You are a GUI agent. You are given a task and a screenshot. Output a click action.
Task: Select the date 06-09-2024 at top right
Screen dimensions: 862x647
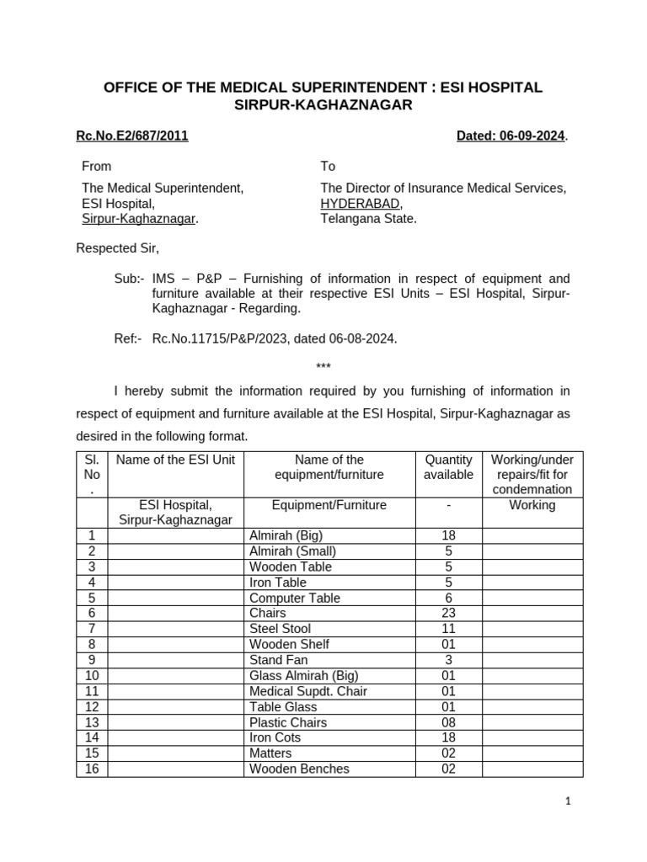point(511,136)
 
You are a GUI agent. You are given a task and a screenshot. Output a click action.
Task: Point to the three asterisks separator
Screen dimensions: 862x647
point(323,366)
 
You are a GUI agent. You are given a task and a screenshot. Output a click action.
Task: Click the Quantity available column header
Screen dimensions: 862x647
point(448,467)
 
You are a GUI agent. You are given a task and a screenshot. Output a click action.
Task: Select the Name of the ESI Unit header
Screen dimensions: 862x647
point(176,460)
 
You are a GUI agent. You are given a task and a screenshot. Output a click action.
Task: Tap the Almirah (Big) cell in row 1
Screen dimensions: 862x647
point(286,535)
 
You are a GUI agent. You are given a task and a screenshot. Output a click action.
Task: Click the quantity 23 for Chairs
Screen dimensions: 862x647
point(448,613)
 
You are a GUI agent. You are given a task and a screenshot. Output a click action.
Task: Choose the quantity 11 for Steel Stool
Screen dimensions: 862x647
point(448,629)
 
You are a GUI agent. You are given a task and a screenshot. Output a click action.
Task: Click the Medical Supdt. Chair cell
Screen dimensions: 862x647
point(307,691)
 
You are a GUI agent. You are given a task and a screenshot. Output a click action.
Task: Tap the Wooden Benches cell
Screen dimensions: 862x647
point(299,769)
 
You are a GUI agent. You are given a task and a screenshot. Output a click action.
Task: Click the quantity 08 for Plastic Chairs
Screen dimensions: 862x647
point(448,722)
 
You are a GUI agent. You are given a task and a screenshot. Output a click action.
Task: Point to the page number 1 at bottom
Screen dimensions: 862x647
point(568,802)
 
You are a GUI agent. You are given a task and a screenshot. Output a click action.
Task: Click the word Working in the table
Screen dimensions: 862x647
point(532,505)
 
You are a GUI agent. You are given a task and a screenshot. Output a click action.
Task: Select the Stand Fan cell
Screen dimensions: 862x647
point(278,660)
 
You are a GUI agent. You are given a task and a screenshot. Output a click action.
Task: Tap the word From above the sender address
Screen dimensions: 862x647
point(96,167)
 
